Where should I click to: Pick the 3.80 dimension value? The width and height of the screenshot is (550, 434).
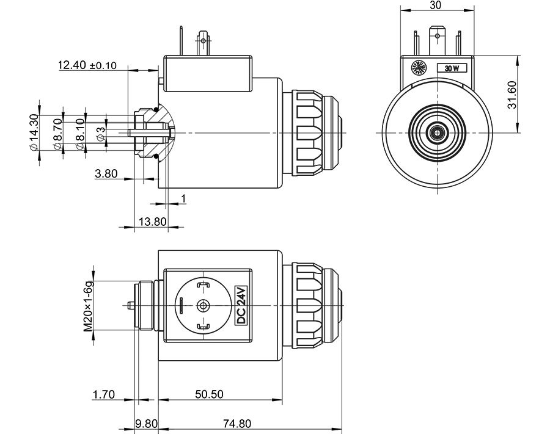click(106, 174)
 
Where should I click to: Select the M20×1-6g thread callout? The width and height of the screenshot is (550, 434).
click(89, 306)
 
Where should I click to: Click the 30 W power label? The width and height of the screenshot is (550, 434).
click(452, 68)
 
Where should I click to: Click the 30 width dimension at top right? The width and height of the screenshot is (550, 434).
click(436, 5)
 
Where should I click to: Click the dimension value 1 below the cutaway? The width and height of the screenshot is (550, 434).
click(183, 198)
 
